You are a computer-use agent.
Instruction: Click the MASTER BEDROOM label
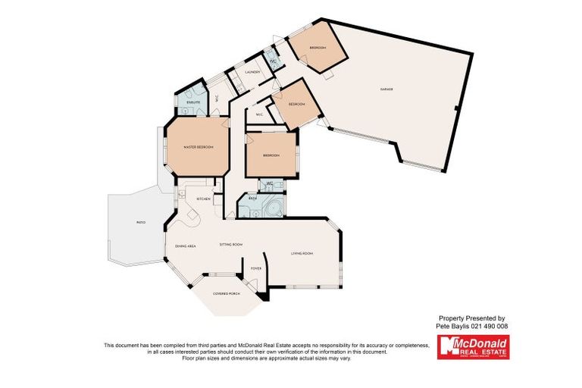(199, 146)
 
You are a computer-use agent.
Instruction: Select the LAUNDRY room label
(253, 72)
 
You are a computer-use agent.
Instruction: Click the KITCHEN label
(203, 199)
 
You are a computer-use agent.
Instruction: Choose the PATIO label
(140, 223)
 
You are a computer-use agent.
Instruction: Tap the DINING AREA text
(186, 246)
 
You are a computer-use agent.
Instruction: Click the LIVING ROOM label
(302, 253)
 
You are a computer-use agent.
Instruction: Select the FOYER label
(256, 267)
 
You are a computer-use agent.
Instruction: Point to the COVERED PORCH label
(226, 293)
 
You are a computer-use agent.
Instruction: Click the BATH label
(251, 199)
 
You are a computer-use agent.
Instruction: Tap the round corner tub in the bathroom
(274, 207)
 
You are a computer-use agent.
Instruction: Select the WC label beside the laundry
(273, 61)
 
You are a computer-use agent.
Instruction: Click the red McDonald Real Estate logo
(474, 347)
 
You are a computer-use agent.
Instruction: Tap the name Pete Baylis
(456, 326)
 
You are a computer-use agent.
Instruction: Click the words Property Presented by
(472, 318)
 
